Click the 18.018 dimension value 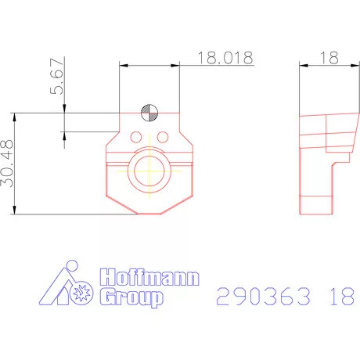(224, 58)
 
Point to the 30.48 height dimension (7, 163)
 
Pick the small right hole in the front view (162, 138)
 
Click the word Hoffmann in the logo (149, 278)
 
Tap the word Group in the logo (130, 298)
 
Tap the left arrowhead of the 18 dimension (303, 66)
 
